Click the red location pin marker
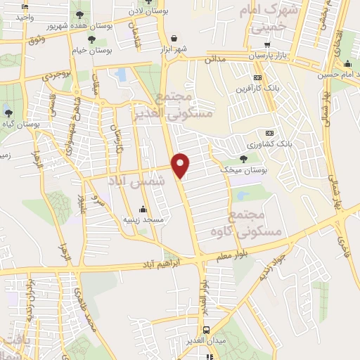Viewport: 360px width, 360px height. click(181, 165)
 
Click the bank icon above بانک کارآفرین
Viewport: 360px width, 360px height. click(257, 77)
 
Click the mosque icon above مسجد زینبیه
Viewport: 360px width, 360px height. click(143, 209)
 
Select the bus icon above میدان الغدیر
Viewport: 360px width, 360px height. click(205, 329)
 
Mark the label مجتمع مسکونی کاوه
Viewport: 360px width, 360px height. click(255, 223)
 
